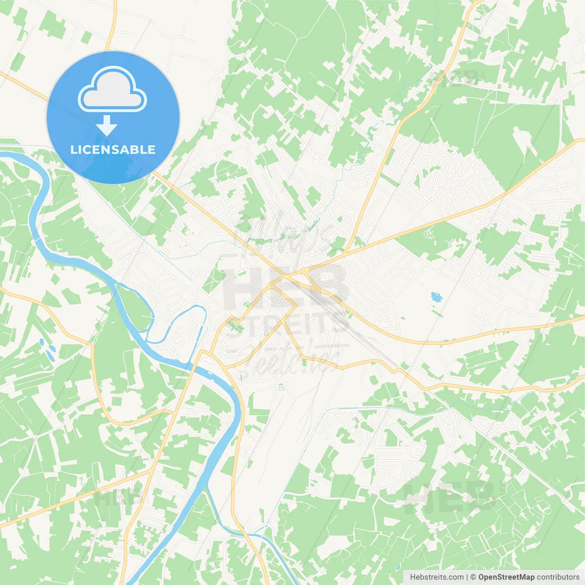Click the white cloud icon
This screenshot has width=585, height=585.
(x=112, y=90)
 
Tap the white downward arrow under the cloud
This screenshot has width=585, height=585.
(x=107, y=125)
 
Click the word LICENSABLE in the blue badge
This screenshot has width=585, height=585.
(x=113, y=149)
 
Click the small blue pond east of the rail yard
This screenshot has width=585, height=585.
(x=436, y=297)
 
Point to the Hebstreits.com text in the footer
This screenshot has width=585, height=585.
(x=436, y=577)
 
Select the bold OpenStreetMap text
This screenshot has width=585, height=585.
(x=506, y=577)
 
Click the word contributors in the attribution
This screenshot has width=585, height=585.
(x=558, y=577)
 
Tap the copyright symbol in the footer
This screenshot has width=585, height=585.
(x=473, y=577)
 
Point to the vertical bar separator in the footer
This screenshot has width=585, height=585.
(x=467, y=577)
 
